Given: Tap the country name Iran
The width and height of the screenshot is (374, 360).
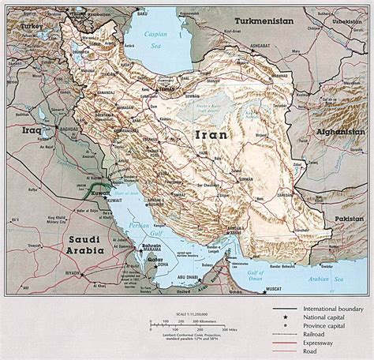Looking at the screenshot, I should pos(208,135).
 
